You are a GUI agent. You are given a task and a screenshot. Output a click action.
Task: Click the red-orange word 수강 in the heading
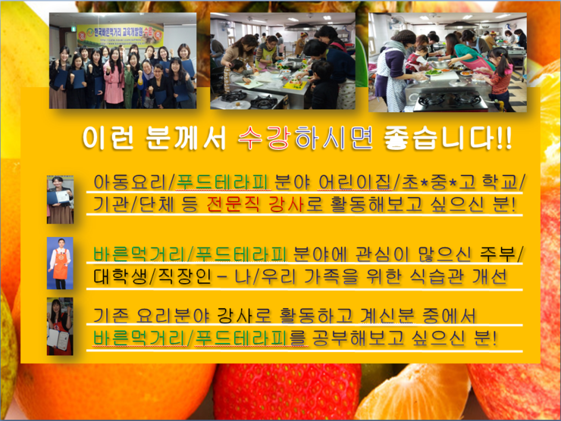coord(264,138)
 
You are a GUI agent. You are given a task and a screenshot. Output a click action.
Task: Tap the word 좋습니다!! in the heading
coord(447,138)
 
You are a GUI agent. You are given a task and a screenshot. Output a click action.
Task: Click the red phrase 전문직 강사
coord(255,204)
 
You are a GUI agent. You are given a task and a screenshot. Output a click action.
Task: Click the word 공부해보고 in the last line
coord(358,338)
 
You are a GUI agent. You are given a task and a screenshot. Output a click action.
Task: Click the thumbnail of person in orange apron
coord(60,263)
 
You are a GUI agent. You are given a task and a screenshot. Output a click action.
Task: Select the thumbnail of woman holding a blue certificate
coord(60,199)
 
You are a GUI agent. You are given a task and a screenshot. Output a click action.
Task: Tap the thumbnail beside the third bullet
coord(60,326)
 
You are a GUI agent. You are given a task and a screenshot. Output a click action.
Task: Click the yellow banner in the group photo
coord(121,36)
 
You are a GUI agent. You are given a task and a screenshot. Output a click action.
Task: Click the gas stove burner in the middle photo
coord(233,96)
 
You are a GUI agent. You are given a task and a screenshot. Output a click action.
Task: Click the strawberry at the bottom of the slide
coord(287,391)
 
